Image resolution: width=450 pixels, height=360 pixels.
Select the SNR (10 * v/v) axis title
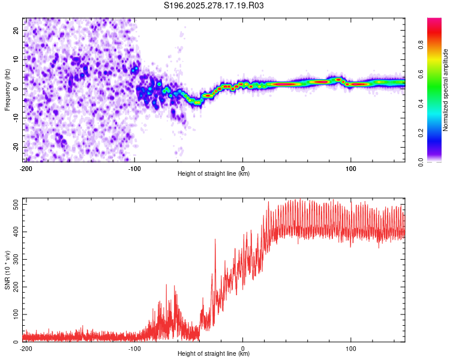point(7,270)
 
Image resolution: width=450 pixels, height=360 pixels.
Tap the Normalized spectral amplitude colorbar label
point(446,90)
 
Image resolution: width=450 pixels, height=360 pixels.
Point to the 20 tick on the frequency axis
point(17,30)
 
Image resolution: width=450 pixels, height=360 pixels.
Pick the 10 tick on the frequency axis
point(17,59)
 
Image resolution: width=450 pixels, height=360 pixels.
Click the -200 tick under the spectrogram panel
point(26,168)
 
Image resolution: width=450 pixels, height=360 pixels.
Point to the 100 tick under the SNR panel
point(351,348)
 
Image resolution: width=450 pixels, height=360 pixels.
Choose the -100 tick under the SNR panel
point(134,348)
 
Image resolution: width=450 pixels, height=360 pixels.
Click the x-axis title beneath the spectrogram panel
point(214,174)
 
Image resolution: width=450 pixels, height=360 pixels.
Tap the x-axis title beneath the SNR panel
point(214,354)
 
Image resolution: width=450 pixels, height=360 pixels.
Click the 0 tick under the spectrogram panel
point(242,168)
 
